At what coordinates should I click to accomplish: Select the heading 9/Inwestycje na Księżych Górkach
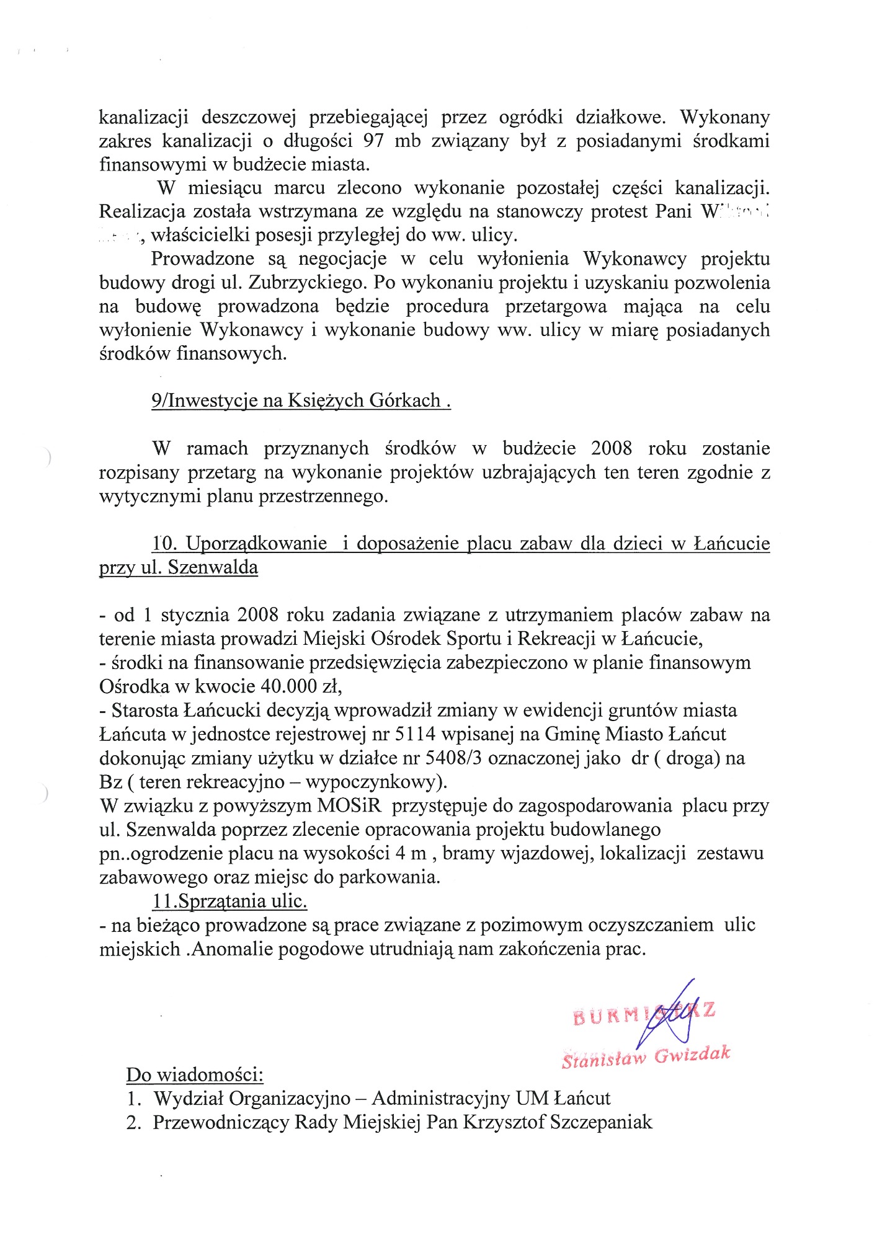coord(301,401)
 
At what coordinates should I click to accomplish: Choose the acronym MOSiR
coord(352,805)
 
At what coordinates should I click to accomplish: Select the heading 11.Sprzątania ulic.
coord(230,900)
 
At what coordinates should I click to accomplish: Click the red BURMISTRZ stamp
coord(645,1012)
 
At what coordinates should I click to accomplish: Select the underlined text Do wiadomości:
coord(195,1074)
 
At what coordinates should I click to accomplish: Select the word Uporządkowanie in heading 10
coord(256,544)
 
